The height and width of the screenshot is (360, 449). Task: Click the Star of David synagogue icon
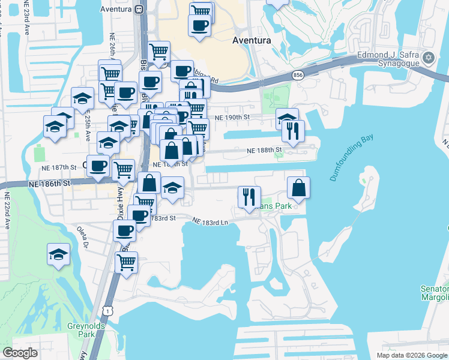[x=428, y=58]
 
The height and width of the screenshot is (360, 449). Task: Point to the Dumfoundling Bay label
[x=351, y=158]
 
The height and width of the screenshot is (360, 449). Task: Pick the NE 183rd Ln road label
[x=211, y=221]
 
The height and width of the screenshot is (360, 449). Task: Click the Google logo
[x=20, y=353]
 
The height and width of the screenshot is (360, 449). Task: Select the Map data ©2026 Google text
[x=411, y=355]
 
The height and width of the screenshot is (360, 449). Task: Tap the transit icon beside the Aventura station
[x=139, y=9]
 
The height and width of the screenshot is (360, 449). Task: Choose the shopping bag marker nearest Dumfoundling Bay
[x=298, y=188]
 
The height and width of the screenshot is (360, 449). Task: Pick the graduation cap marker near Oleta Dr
[x=58, y=254]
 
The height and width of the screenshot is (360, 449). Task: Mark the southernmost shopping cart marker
[x=126, y=262]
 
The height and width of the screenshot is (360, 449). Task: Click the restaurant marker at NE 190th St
[x=293, y=130]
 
